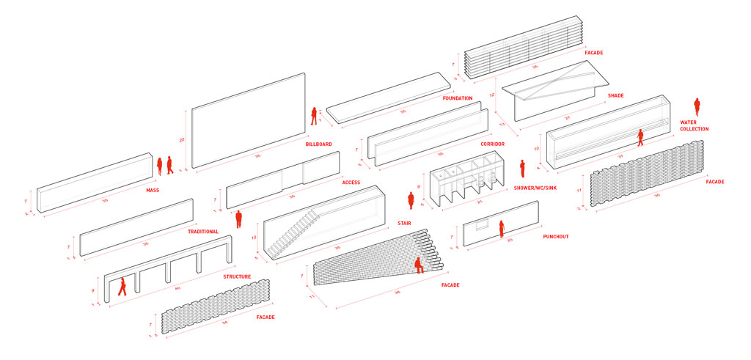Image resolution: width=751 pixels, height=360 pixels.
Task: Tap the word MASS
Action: pos(153,191)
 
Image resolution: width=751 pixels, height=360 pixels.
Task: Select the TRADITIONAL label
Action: pos(203,232)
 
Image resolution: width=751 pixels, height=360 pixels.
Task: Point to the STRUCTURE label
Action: pos(237,277)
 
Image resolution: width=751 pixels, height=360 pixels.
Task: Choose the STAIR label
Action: pos(404,221)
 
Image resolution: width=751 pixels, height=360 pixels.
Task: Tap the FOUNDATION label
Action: pos(458,98)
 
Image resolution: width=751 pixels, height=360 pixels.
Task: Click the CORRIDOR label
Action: pos(493,144)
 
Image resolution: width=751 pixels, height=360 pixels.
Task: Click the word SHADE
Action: pos(615,96)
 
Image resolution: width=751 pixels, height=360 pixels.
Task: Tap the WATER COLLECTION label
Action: pos(694,126)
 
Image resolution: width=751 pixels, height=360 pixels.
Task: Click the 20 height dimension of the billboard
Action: pos(180,139)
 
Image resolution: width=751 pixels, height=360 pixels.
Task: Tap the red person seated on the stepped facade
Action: pos(419,265)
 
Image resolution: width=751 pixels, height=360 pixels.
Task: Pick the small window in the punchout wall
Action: pos(482,224)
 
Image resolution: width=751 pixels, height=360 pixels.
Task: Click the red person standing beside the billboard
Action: pos(314,116)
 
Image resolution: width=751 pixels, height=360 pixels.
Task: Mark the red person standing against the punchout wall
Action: pos(502,229)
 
